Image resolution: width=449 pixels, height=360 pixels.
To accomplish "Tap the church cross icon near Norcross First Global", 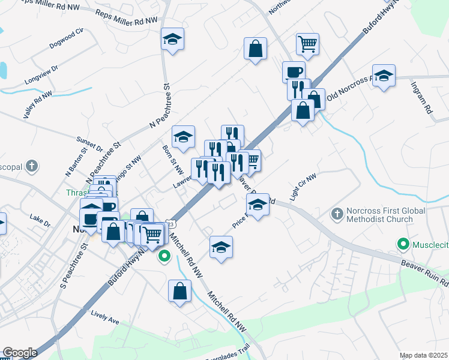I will (x=337, y=214).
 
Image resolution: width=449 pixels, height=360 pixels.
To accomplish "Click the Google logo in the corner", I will (x=20, y=353).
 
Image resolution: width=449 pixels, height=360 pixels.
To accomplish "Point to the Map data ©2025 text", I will (x=424, y=355).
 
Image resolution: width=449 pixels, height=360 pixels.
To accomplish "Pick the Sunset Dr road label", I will (x=90, y=143).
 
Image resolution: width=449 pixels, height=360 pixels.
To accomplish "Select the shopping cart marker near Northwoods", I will (x=307, y=43).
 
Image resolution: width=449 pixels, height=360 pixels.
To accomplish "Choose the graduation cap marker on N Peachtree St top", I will (x=173, y=40).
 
